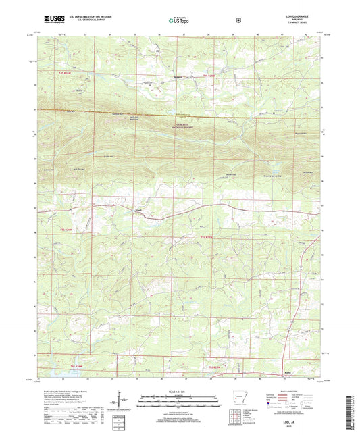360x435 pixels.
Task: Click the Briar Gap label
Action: tap(230, 173)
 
